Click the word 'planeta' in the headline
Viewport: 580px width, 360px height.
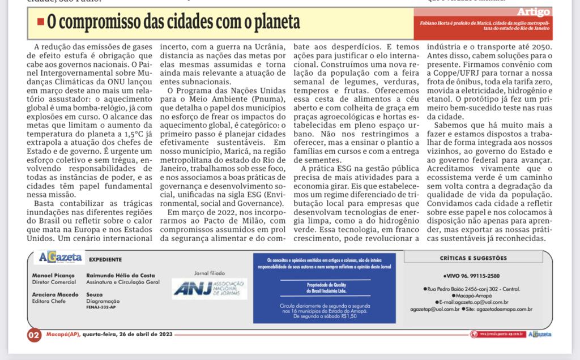tap(275, 23)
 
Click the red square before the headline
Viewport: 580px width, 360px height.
tap(40, 22)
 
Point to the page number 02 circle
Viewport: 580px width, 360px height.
tap(34, 335)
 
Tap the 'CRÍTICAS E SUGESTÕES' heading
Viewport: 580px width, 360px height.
tap(473, 258)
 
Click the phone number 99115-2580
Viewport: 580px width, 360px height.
tap(481, 276)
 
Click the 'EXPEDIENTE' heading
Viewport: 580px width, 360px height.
tap(105, 259)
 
